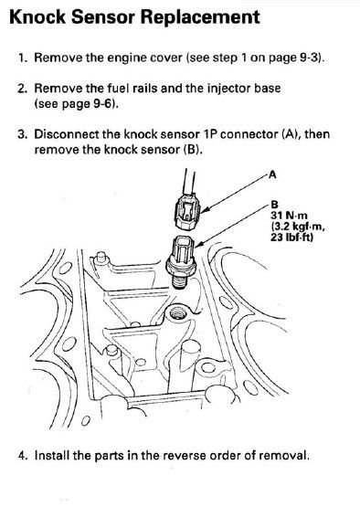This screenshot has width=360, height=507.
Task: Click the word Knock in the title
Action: (x=37, y=17)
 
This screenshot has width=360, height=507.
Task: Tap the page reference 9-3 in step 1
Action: (x=306, y=58)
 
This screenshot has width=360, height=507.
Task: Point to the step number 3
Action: (x=22, y=134)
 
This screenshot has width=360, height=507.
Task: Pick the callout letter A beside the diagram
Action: (x=272, y=174)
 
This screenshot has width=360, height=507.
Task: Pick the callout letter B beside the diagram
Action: (x=274, y=205)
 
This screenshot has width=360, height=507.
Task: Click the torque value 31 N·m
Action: (x=289, y=216)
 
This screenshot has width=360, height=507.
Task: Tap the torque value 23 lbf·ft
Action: (x=292, y=238)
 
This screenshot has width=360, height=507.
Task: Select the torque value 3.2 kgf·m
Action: (x=298, y=227)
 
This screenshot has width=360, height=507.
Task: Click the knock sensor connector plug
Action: (x=187, y=212)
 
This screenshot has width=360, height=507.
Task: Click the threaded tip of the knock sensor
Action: (x=178, y=282)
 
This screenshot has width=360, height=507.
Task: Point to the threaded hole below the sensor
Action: (x=176, y=312)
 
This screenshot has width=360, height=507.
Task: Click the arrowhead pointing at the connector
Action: (x=205, y=210)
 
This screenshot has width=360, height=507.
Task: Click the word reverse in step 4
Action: (x=184, y=456)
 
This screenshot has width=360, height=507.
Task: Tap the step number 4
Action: (x=22, y=456)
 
